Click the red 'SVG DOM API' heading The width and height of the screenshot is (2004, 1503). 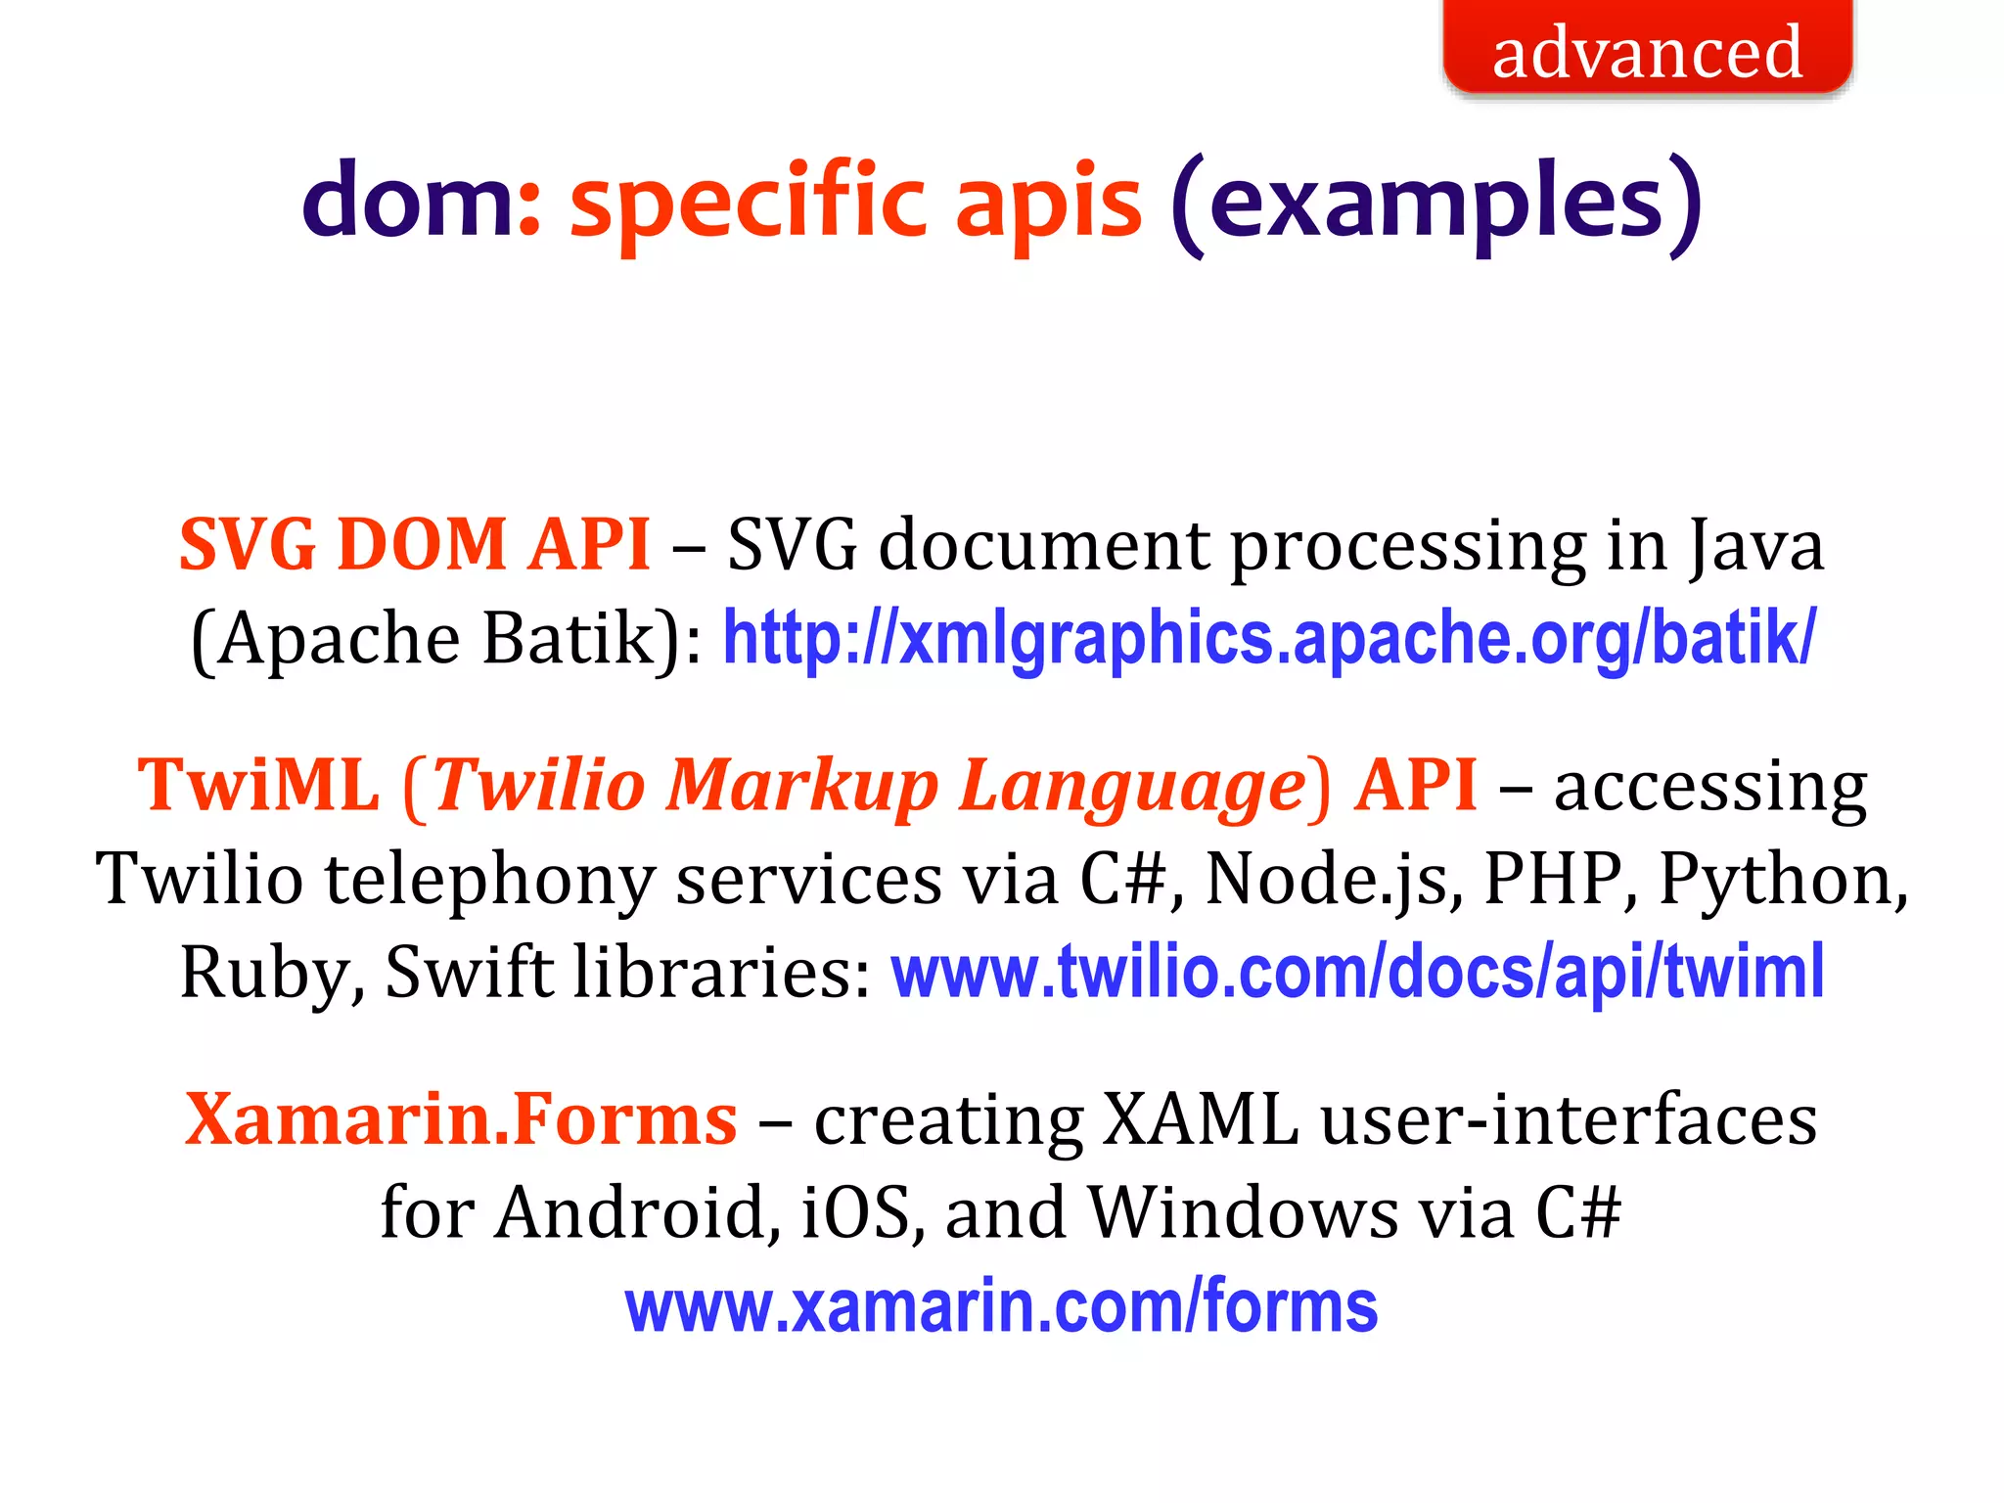coord(415,544)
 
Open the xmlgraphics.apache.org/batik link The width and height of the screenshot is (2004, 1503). coord(1268,638)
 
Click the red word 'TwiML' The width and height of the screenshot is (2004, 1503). coord(258,785)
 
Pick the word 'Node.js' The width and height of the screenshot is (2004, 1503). coord(1334,879)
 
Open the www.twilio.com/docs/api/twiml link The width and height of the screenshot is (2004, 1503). coord(1357,972)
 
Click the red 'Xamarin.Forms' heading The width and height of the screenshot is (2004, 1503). coord(461,1118)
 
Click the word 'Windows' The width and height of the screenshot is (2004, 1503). coord(1242,1212)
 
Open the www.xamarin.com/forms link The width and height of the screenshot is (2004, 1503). coord(1001,1306)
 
